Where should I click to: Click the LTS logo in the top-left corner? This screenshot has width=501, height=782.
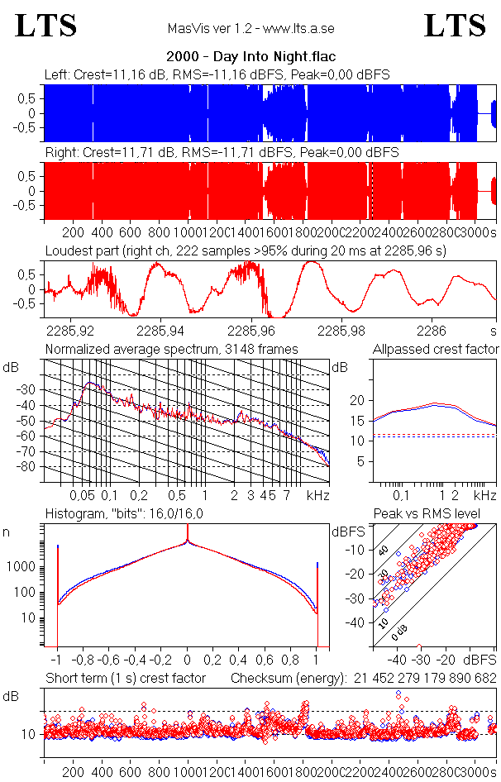click(x=46, y=26)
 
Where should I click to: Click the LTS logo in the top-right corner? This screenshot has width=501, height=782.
click(x=455, y=26)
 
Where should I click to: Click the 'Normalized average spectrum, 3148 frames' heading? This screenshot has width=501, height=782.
click(x=171, y=349)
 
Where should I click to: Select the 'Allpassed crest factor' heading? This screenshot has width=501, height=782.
click(x=436, y=349)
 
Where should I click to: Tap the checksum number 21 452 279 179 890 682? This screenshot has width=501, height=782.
click(x=424, y=679)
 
